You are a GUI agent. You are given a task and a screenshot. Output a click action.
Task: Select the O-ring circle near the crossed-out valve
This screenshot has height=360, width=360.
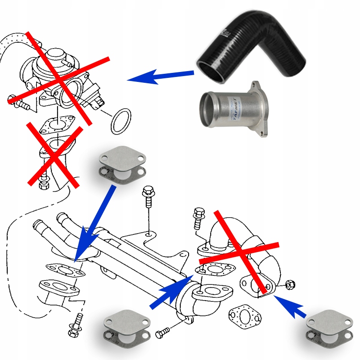(121, 120)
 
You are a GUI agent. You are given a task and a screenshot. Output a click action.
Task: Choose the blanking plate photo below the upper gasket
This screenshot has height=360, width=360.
(121, 164)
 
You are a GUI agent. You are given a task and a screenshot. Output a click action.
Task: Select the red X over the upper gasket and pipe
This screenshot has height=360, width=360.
(54, 153)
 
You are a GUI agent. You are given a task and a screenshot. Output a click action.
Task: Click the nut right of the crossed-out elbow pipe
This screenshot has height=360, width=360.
(291, 284)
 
